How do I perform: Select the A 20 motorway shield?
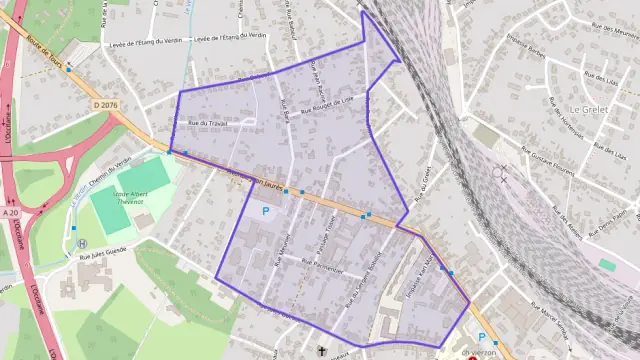[11, 211]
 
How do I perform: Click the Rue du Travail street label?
[209, 123]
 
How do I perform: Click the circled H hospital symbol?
[83, 243]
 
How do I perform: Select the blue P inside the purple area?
[266, 211]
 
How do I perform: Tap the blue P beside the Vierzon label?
[482, 337]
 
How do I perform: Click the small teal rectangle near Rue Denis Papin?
[607, 264]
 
